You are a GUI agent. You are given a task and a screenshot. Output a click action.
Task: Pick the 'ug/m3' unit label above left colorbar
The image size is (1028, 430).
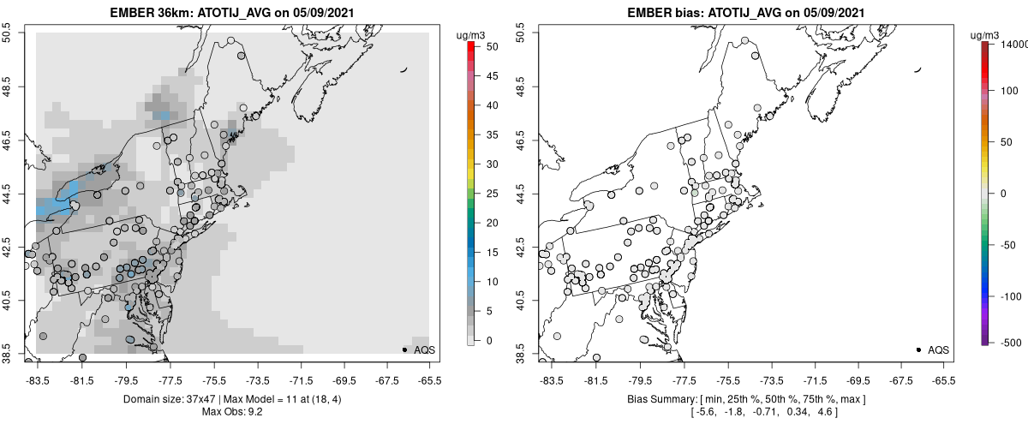point(471,34)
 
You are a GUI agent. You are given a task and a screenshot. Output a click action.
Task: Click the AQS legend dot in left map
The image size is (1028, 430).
point(404,349)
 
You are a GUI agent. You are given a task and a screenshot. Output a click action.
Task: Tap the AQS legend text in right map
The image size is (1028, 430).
point(938,349)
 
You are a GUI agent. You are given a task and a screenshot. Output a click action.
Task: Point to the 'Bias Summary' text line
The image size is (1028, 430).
point(745,400)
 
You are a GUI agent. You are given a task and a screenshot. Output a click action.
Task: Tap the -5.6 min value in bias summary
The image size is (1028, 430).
point(703,413)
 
